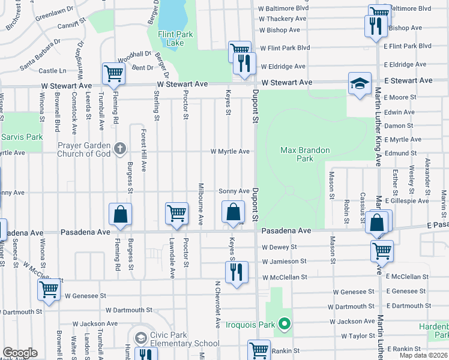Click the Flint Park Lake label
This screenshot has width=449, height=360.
point(175,38)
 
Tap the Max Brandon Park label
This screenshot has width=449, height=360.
point(297,154)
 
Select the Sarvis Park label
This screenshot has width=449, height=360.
point(22,137)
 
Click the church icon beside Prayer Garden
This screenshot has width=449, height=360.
point(119,147)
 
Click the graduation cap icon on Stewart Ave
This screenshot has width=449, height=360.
point(360,83)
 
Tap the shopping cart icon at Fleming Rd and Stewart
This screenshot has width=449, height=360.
point(113,73)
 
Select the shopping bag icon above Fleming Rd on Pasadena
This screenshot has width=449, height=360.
point(120,215)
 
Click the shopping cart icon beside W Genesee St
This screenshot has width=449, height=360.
point(49,290)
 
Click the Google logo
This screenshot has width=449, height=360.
point(20,353)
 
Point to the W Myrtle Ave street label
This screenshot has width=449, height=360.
point(230,151)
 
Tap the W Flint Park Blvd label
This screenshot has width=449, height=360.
point(284,47)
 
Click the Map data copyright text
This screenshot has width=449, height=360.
point(423,355)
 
